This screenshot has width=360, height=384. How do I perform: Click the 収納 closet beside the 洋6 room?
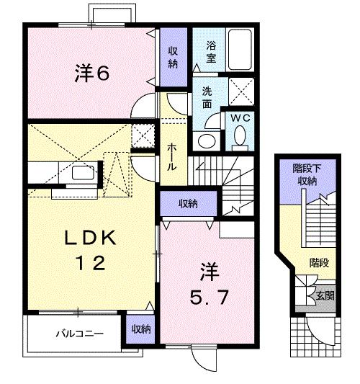coord(174,57)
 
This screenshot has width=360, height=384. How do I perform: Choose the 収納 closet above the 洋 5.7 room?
coord(188,204)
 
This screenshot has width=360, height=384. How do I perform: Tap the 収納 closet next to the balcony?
coord(140,329)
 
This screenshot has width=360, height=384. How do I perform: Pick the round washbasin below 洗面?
coord(206,140)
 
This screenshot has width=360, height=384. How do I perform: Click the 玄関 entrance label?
coord(323,295)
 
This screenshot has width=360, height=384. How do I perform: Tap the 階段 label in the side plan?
coord(319,263)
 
